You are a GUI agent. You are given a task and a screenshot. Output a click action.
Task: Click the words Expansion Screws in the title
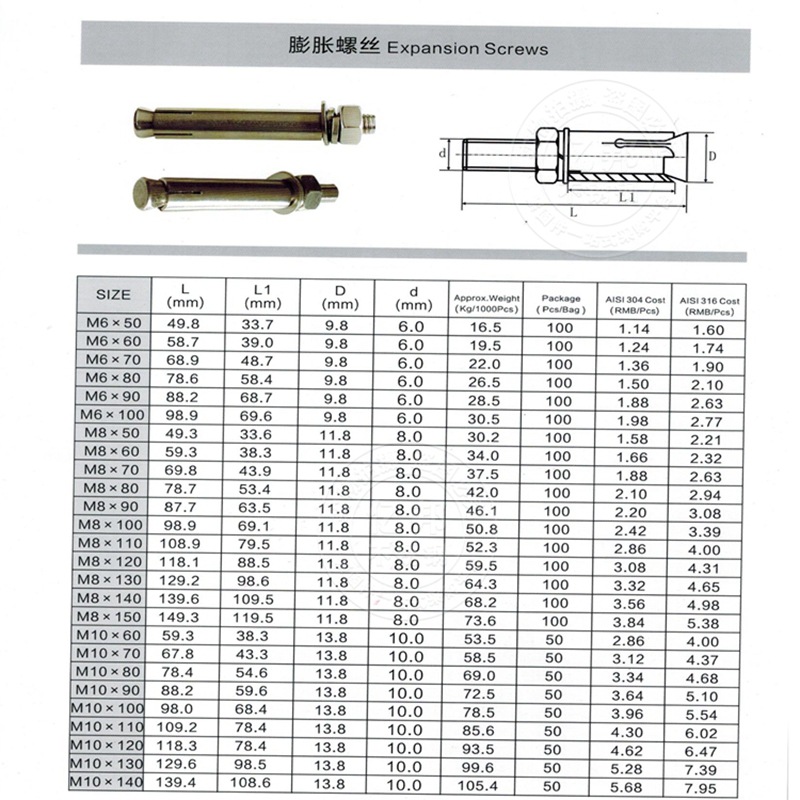point(467,48)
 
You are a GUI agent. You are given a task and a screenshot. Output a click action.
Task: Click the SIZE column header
point(113,294)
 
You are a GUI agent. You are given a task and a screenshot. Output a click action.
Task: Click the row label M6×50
point(113,324)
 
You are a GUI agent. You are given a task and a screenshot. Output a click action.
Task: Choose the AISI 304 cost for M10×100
point(633,709)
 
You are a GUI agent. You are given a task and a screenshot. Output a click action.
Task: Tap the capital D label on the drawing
point(711,155)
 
